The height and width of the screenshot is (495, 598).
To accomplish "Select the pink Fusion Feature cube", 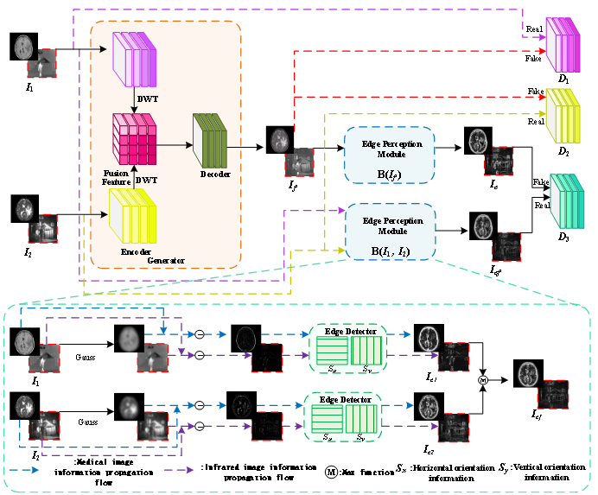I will (135, 138).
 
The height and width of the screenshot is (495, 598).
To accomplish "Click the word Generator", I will (164, 260).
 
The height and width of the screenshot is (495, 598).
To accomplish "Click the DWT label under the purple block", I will (147, 98).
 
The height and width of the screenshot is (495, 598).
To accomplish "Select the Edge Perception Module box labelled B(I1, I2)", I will (390, 231).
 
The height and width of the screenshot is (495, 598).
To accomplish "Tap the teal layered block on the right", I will (568, 200).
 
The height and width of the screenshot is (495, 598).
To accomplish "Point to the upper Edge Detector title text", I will (347, 332).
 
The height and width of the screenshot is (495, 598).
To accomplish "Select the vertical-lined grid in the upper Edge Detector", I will (366, 352).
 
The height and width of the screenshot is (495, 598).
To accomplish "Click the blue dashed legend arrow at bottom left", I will (22, 470).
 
